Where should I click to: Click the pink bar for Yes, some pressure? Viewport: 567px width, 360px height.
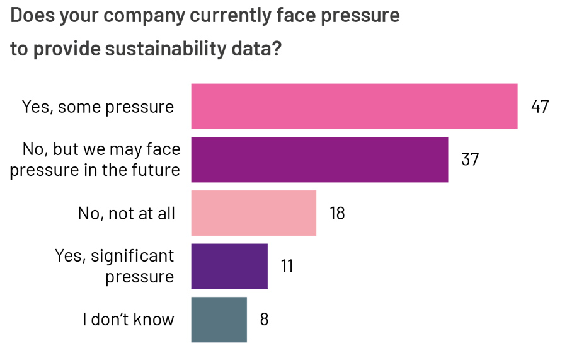(x=354, y=106)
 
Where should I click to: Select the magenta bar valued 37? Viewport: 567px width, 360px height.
(x=319, y=160)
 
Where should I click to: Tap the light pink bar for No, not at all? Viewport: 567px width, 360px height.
(x=253, y=213)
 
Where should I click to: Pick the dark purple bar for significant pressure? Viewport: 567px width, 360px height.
(x=229, y=266)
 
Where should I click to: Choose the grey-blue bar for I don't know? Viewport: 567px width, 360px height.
(x=219, y=320)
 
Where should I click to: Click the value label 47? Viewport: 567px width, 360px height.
(x=540, y=107)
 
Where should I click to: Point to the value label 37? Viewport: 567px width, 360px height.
(x=470, y=160)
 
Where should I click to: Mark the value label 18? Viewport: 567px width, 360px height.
(x=337, y=213)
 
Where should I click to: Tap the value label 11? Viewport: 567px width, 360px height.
(x=287, y=266)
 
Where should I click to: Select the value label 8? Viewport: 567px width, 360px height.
(x=264, y=320)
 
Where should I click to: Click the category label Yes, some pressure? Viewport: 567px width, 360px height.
(x=98, y=107)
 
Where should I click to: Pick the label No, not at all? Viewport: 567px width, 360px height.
(x=126, y=214)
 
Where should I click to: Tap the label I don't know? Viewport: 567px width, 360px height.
(x=128, y=320)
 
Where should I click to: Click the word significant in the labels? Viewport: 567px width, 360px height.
(x=132, y=256)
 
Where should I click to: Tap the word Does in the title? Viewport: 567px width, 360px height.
(x=32, y=15)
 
